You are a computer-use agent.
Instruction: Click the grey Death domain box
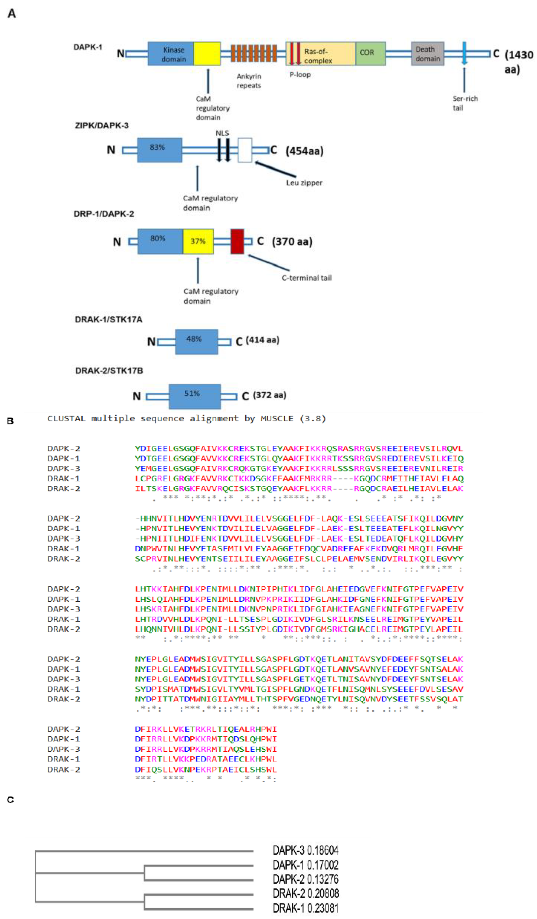[x=427, y=54]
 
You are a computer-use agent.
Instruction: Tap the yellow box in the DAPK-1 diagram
[x=207, y=54]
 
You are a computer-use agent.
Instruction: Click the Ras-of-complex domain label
[x=318, y=56]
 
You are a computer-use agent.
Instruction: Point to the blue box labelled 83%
[x=159, y=150]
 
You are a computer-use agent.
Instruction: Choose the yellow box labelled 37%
[x=198, y=241]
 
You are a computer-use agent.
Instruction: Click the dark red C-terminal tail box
[x=237, y=241]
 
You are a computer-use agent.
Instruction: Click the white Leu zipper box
[x=245, y=150]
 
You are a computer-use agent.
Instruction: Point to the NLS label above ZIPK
[x=222, y=133]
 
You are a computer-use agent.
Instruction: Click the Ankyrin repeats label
[x=249, y=81]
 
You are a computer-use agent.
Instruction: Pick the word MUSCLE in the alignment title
[x=276, y=418]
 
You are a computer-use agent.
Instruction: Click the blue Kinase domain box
[x=171, y=54]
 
